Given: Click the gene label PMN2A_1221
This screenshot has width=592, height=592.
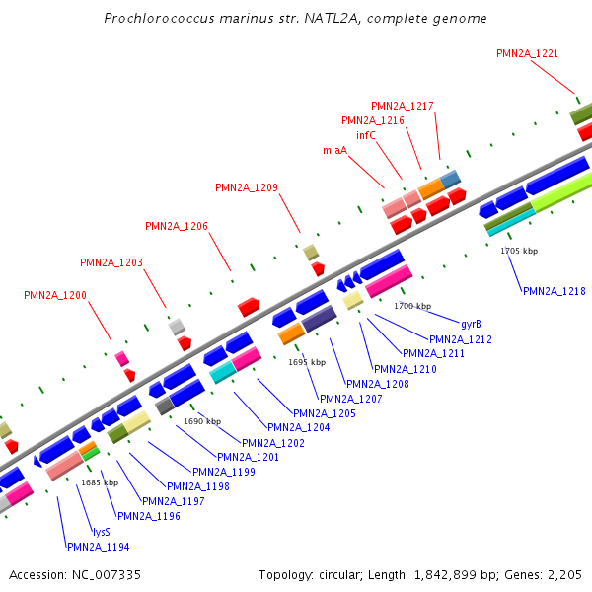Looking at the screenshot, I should [528, 52].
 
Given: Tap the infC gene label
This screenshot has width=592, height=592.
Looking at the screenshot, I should [366, 135].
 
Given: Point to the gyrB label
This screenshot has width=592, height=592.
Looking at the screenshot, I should [471, 324].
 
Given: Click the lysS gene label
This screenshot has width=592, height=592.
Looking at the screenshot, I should [101, 531].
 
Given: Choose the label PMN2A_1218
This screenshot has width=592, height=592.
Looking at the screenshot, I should [555, 291].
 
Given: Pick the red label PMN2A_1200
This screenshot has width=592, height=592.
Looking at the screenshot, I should [55, 295].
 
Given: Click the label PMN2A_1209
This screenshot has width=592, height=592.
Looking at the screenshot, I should [247, 187].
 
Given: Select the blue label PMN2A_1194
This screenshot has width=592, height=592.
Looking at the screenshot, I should [98, 547].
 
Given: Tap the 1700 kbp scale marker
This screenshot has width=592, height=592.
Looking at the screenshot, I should [412, 306].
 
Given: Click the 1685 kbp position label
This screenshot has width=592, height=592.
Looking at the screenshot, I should [100, 482].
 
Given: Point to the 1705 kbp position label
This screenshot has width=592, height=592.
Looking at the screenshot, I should [519, 252].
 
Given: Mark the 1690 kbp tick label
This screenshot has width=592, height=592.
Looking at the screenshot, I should [201, 421].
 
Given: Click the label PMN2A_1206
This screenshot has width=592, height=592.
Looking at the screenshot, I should [177, 226].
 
